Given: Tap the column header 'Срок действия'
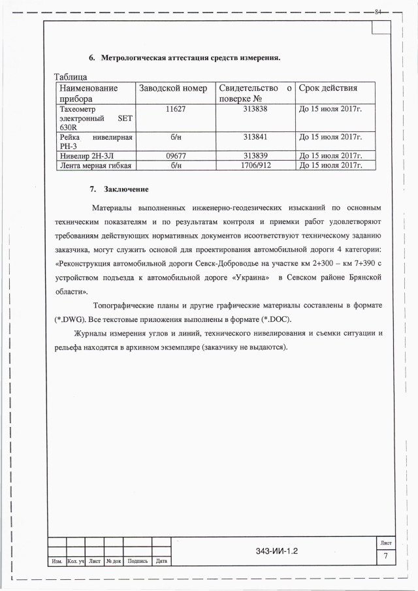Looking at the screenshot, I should click(x=328, y=88).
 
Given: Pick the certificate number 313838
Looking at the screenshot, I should click(x=255, y=108).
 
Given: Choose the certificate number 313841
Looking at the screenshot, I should click(x=255, y=137).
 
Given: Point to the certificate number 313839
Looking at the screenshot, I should click(x=255, y=156).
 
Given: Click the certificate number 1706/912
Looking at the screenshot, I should click(x=255, y=166).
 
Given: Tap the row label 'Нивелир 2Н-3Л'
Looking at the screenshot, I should click(x=89, y=156).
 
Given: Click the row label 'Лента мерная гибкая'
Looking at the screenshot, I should click(x=95, y=166).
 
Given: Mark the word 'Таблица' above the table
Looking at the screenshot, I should click(x=76, y=77).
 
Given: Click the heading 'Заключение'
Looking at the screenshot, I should click(x=127, y=189).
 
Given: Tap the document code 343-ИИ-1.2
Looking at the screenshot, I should click(x=277, y=551).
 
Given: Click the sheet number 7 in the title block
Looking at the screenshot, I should click(x=385, y=556).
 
